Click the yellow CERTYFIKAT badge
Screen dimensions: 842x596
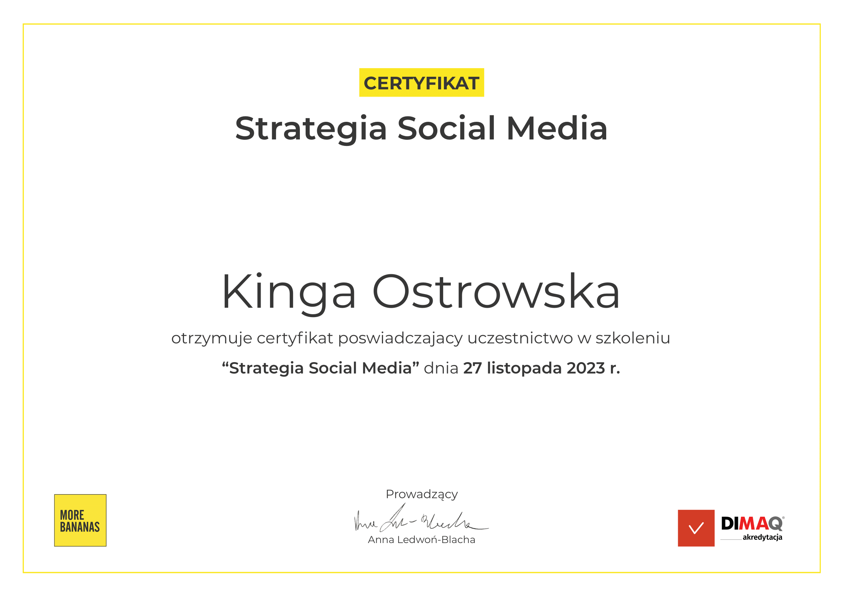[x=422, y=83]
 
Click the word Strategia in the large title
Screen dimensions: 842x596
[x=311, y=129]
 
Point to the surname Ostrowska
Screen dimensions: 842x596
[x=496, y=292]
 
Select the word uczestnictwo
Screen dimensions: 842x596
[x=520, y=338]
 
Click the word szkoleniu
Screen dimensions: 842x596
[x=632, y=338]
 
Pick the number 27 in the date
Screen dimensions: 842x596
[x=472, y=368]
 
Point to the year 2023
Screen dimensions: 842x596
[x=586, y=368]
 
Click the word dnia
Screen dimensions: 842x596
[x=441, y=368]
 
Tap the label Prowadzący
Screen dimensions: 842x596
[x=422, y=494]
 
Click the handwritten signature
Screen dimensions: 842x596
[x=421, y=518]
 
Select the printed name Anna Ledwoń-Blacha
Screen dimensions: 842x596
[x=422, y=539]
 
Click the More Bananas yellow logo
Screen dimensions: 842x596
[x=80, y=520]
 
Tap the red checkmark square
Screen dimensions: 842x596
[x=696, y=528]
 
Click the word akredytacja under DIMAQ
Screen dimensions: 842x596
[x=762, y=538]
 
